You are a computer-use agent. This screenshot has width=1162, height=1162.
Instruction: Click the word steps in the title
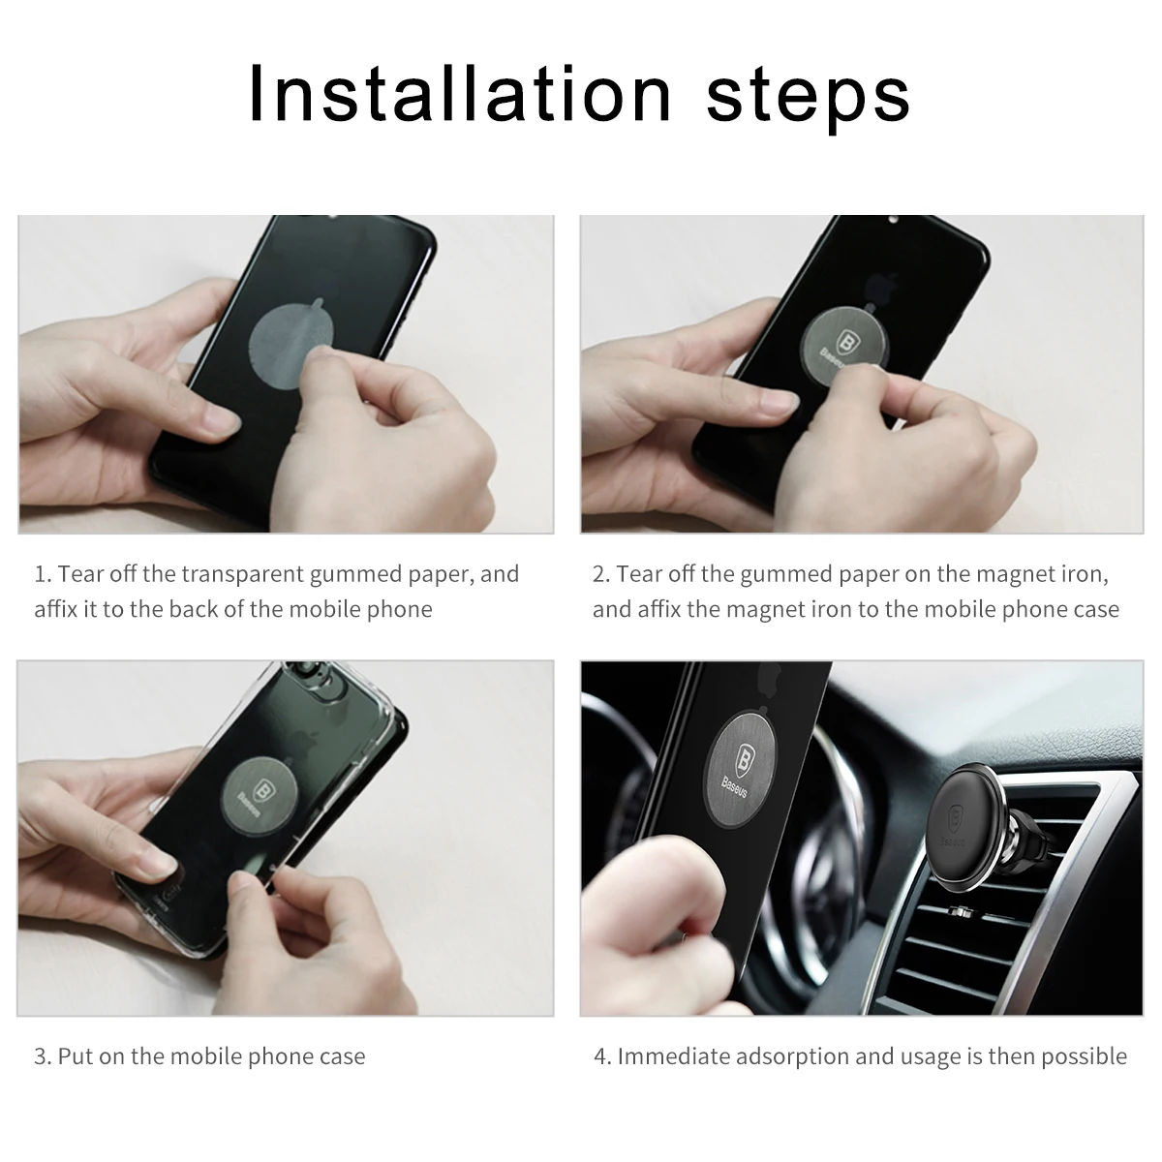click(x=809, y=95)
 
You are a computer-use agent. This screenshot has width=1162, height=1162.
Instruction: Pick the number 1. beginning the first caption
click(x=43, y=574)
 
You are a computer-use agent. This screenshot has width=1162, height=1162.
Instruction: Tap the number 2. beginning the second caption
click(x=601, y=574)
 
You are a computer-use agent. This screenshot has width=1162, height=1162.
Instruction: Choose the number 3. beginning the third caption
click(x=43, y=1056)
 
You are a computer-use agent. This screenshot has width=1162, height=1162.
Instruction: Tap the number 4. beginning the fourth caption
click(x=602, y=1056)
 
